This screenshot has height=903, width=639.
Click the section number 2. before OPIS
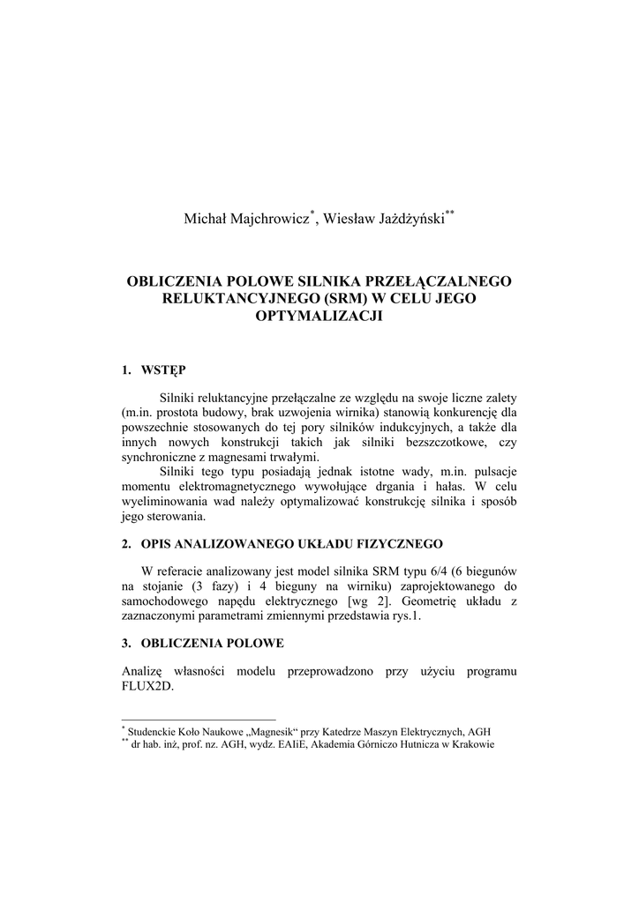[x=126, y=541]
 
